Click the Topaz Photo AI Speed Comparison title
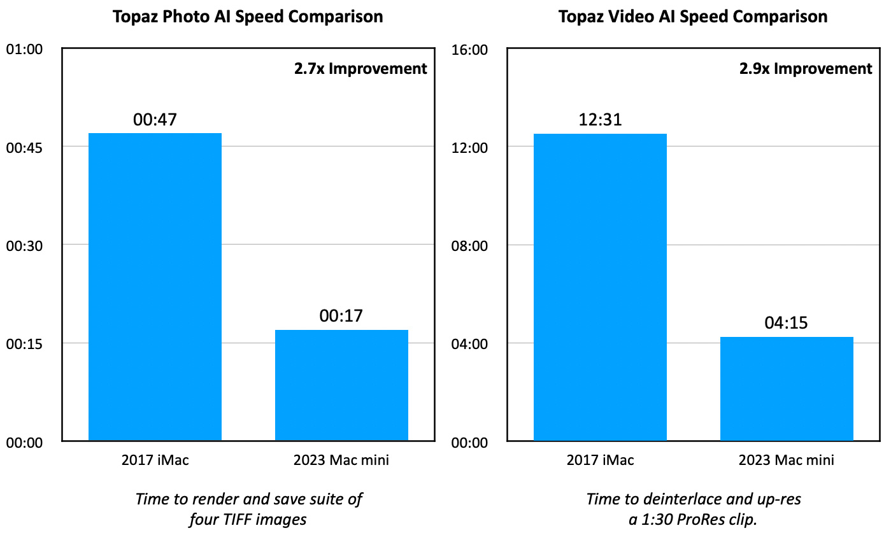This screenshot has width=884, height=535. click(x=248, y=17)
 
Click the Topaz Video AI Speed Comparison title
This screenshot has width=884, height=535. click(x=693, y=17)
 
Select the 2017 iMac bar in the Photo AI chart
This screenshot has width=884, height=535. click(x=155, y=287)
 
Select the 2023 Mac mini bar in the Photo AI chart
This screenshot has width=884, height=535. click(x=341, y=385)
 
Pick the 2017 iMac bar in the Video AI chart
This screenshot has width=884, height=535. click(x=600, y=287)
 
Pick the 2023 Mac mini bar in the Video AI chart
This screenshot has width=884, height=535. click(x=787, y=389)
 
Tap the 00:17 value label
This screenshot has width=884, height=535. click(x=341, y=316)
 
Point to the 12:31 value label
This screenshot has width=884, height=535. click(x=600, y=120)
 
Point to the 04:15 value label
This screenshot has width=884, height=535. click(x=787, y=323)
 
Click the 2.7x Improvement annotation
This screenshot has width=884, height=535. click(x=360, y=69)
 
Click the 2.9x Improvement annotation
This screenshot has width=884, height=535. click(x=806, y=69)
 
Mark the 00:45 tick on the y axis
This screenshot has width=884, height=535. click(x=24, y=148)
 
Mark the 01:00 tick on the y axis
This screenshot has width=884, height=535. click(x=24, y=50)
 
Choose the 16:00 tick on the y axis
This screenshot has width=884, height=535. click(x=469, y=50)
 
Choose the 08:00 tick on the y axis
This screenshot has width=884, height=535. click(x=469, y=246)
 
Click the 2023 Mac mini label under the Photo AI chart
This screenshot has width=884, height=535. click(x=341, y=460)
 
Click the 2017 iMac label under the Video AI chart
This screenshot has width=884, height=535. click(x=600, y=460)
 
